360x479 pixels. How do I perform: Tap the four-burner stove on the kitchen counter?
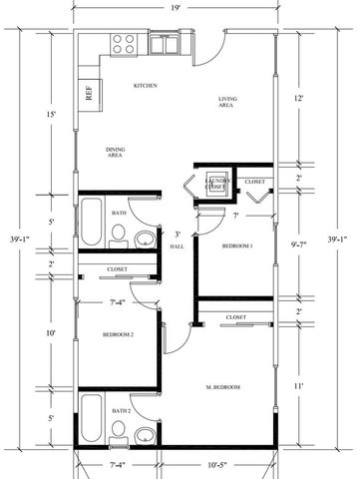coord(124,44)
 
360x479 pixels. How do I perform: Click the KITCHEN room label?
coord(146,86)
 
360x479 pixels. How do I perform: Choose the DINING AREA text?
coord(116,152)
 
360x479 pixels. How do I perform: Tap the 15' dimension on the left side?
coord(51,114)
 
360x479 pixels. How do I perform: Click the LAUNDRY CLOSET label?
coord(216,184)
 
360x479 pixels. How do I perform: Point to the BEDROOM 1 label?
coord(237,244)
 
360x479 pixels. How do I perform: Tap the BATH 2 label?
coord(122,410)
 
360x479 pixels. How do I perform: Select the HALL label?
coord(177,244)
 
